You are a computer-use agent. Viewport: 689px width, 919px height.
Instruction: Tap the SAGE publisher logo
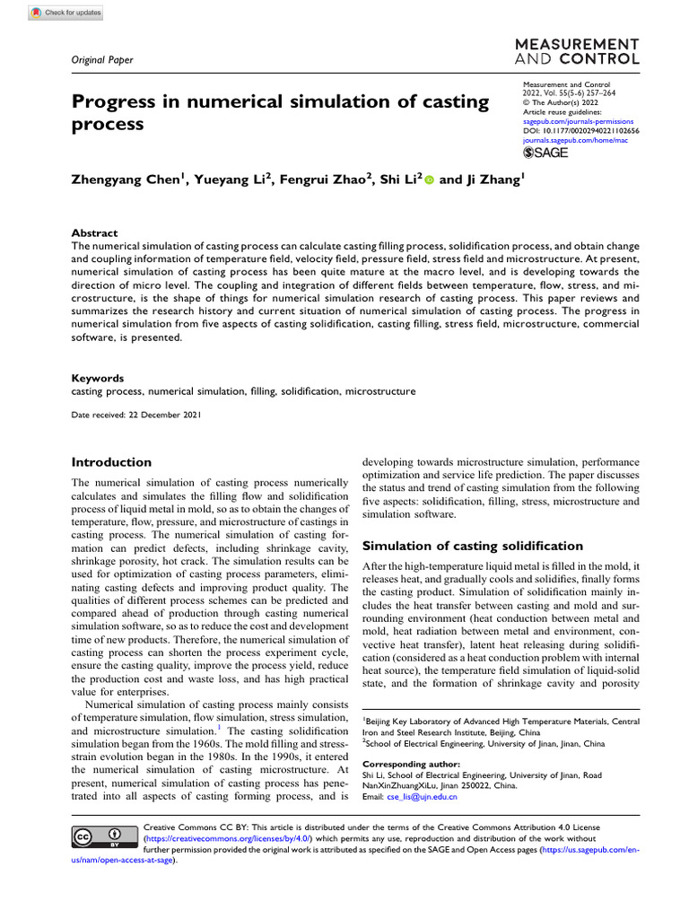[545, 153]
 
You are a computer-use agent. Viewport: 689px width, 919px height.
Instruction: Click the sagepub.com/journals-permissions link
[578, 121]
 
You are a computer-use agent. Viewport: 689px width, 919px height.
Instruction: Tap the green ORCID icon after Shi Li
[429, 180]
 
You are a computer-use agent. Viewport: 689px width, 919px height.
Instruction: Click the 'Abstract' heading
[94, 232]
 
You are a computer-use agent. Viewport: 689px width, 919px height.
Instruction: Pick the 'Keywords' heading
[98, 379]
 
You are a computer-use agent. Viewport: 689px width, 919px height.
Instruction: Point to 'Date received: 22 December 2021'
[136, 416]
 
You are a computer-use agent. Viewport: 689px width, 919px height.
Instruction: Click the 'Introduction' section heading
[111, 462]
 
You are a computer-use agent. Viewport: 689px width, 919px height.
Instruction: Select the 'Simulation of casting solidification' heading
[472, 546]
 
